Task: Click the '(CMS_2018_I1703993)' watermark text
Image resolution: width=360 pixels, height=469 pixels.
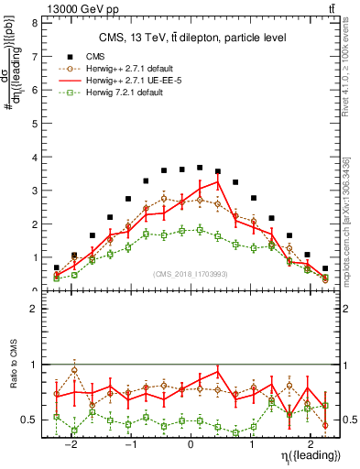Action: (190, 274)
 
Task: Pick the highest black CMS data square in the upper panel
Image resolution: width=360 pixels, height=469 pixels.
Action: (200, 168)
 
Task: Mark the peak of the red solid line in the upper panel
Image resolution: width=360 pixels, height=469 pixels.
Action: (218, 181)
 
